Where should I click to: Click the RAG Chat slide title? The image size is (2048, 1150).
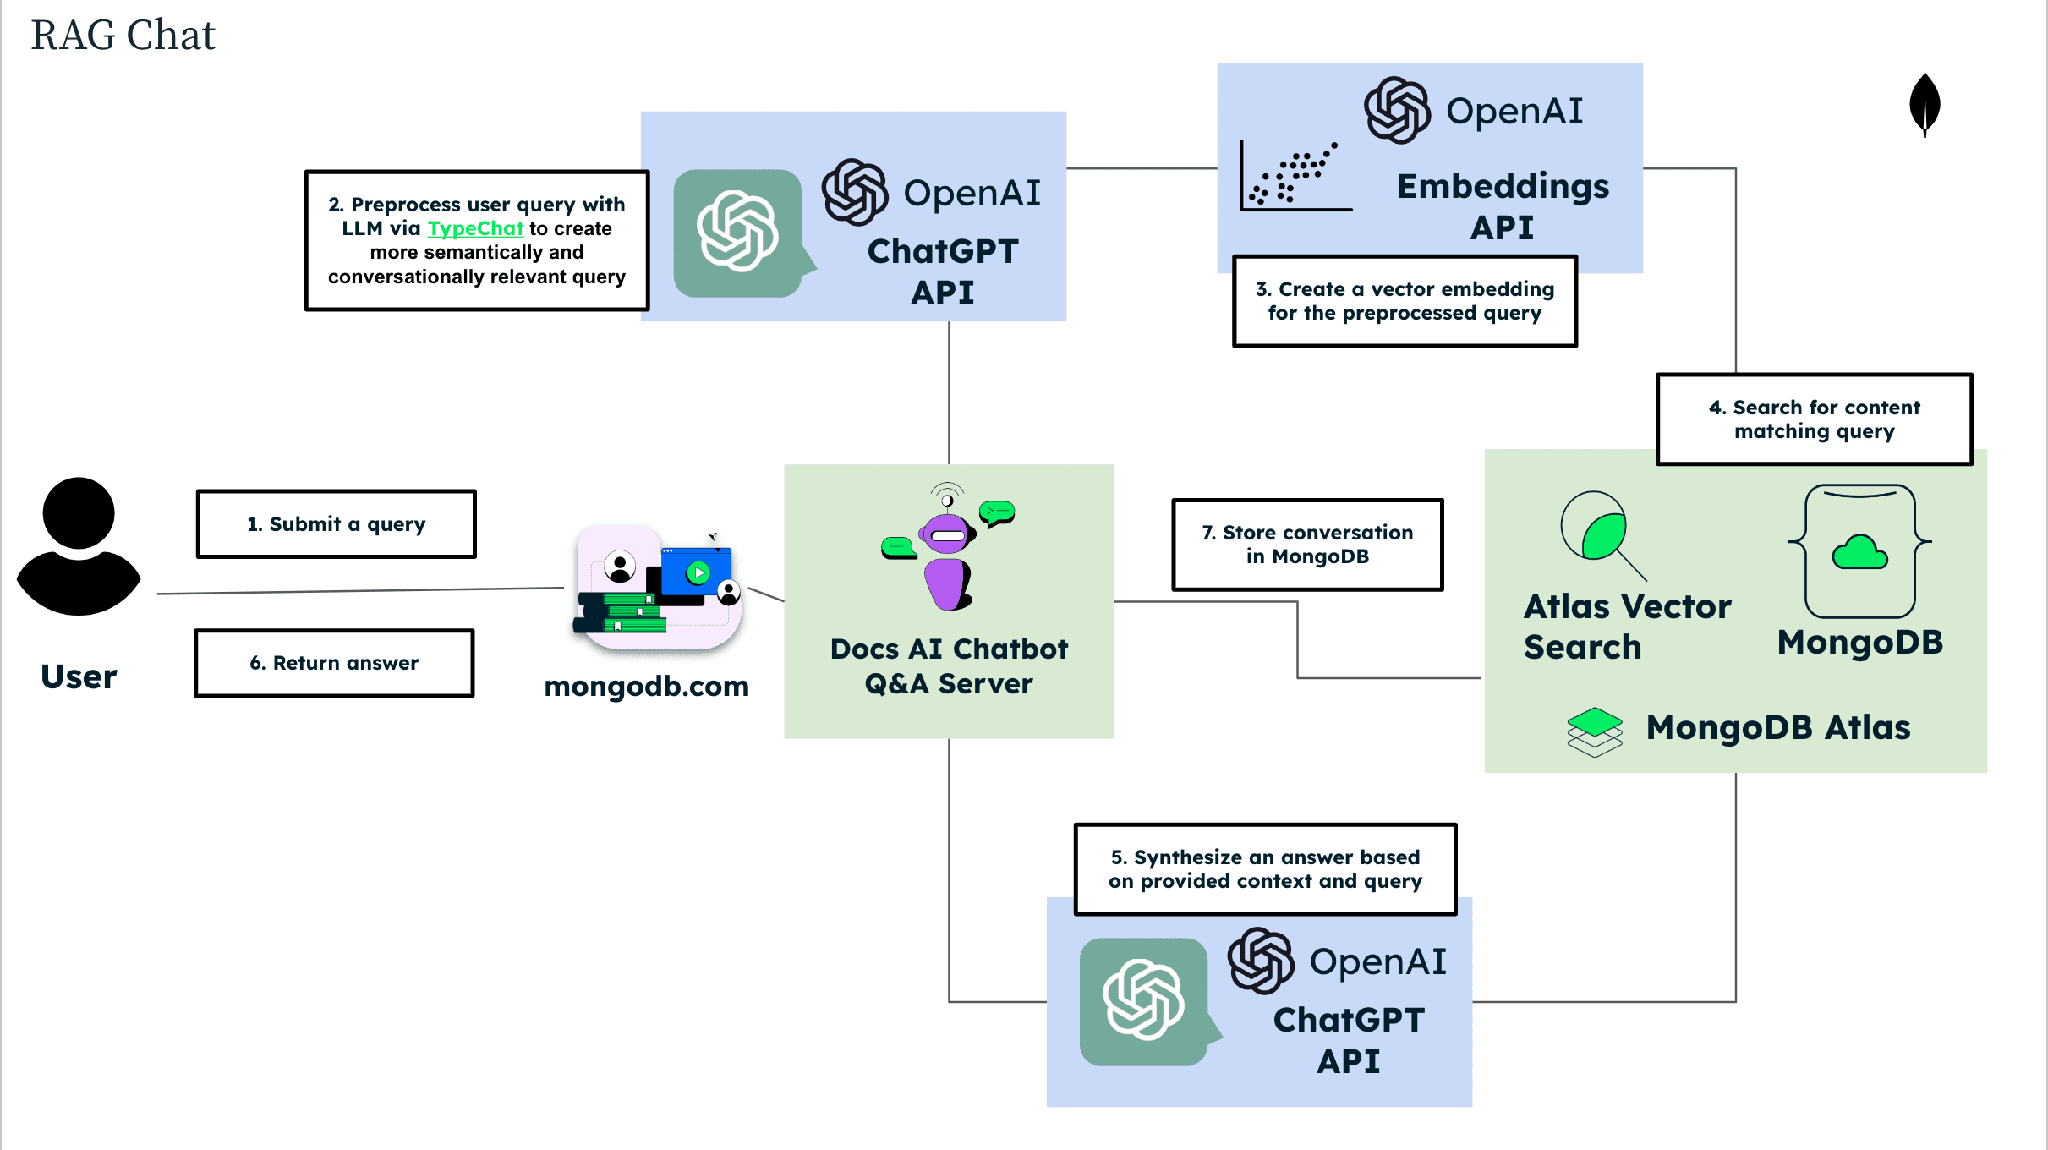click(123, 36)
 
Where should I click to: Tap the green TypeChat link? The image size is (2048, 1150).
click(475, 228)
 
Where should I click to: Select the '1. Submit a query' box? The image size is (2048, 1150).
click(336, 524)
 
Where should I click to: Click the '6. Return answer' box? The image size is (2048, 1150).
click(334, 663)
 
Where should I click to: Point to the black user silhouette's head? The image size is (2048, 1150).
click(79, 513)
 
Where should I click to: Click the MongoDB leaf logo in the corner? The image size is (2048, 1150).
click(1925, 103)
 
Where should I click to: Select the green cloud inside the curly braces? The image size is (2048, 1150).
click(1859, 553)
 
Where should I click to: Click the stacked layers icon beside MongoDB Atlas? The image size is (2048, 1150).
click(1594, 731)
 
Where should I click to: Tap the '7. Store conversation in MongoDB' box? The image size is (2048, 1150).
click(1307, 545)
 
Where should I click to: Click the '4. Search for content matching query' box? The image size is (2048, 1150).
click(1814, 419)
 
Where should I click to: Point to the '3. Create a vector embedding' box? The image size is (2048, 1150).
click(1405, 301)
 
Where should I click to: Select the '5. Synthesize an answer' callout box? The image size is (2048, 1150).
click(1265, 869)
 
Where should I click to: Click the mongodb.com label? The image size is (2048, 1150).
click(646, 686)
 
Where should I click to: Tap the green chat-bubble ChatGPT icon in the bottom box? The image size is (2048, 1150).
click(1144, 1001)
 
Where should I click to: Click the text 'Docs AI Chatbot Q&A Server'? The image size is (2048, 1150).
click(949, 666)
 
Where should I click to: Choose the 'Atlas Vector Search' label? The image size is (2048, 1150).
click(1626, 627)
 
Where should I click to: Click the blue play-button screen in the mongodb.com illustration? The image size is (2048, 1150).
click(697, 572)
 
